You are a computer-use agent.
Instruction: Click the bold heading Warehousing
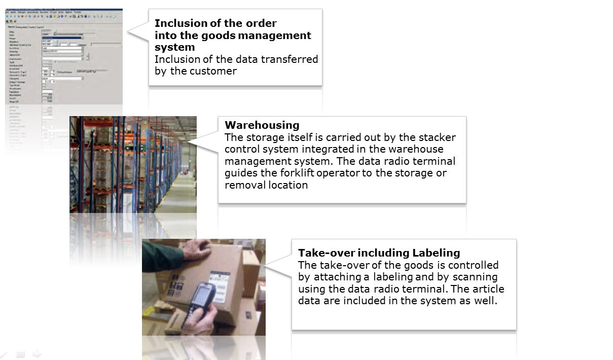(262, 125)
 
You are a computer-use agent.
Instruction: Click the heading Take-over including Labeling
(379, 253)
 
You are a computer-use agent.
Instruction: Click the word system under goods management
(174, 47)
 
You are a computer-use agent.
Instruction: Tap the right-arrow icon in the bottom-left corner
(37, 354)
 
